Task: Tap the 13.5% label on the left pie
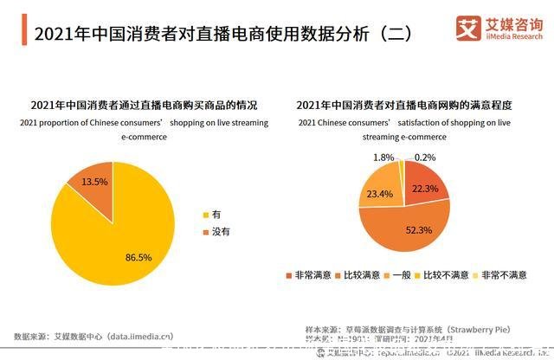click(x=93, y=183)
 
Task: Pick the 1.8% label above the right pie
click(x=384, y=157)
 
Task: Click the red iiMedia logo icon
click(x=468, y=29)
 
